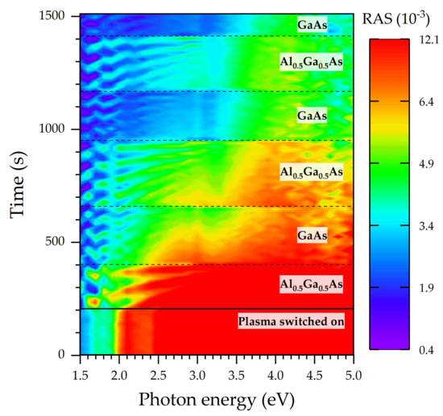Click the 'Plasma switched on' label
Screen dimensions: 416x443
pyautogui.click(x=292, y=322)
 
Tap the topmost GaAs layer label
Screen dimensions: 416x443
pyautogui.click(x=311, y=25)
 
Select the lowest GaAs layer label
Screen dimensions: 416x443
pyautogui.click(x=311, y=236)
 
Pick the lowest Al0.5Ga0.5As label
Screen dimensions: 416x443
pyautogui.click(x=311, y=284)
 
